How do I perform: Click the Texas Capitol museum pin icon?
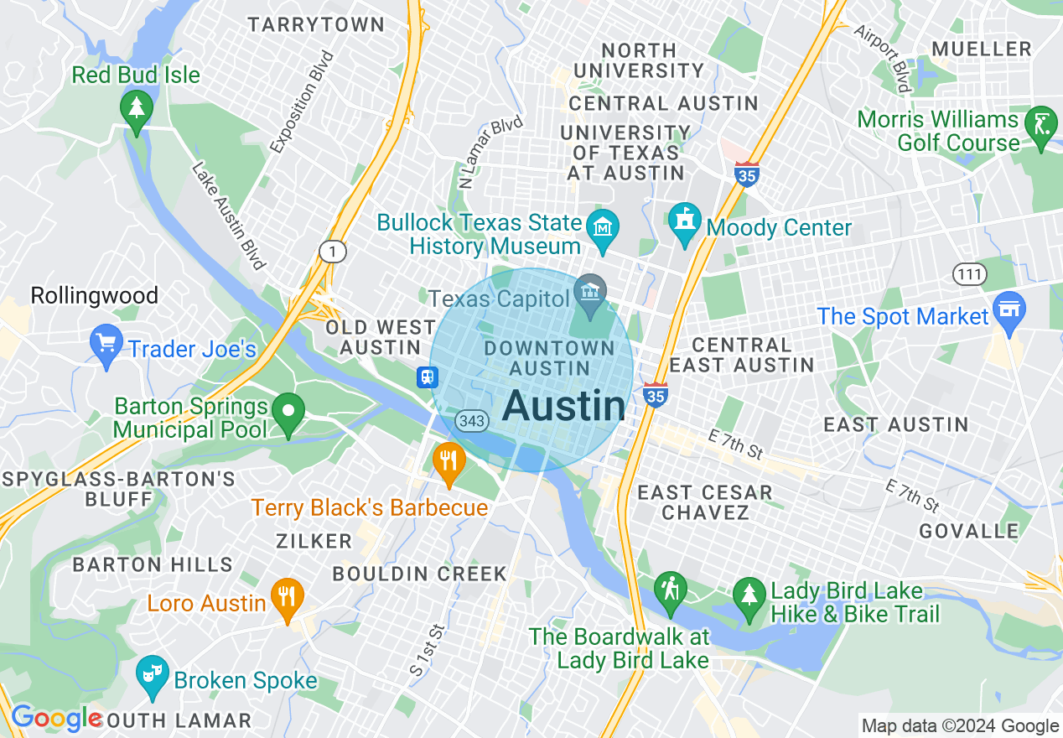tap(591, 294)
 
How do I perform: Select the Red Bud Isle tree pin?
tap(135, 110)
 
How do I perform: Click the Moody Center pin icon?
tap(685, 221)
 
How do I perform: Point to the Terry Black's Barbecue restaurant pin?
tap(449, 461)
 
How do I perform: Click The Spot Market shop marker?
tap(1009, 309)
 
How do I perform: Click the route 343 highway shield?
tap(473, 421)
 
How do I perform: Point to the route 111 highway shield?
tap(969, 273)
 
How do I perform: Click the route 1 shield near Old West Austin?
tap(333, 252)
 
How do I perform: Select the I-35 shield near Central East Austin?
tap(656, 394)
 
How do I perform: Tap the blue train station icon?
tap(428, 377)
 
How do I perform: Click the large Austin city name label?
tap(563, 407)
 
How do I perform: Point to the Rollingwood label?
tap(94, 295)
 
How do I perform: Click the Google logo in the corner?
tap(55, 719)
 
